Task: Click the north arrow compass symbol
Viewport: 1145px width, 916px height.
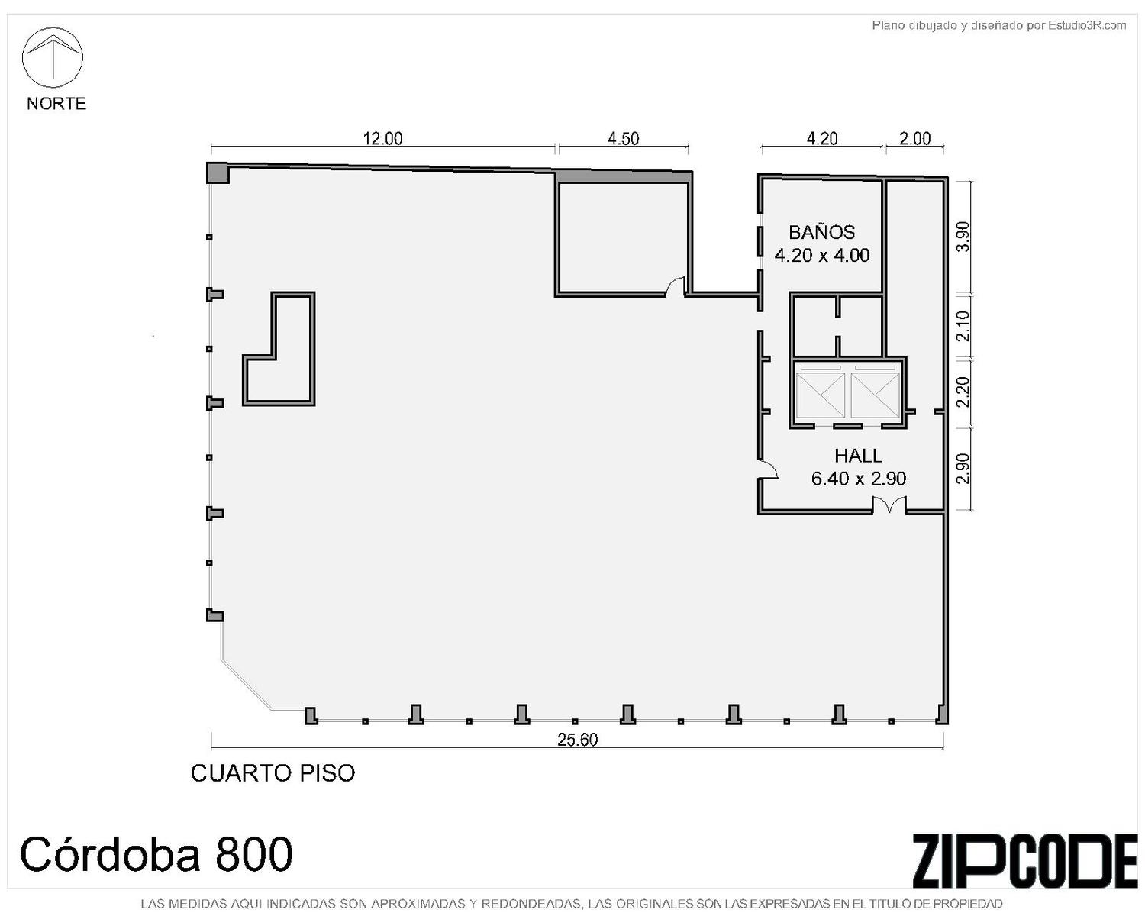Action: [52, 57]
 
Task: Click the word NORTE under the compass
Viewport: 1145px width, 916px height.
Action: [56, 103]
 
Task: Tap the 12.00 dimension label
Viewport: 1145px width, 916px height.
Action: [382, 138]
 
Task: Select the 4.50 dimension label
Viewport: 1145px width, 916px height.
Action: [623, 138]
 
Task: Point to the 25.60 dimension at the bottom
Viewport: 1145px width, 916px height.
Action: [577, 740]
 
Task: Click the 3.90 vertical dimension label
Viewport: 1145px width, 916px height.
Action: [963, 237]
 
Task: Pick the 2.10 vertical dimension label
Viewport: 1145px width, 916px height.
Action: [963, 326]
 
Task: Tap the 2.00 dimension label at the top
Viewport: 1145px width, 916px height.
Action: [914, 138]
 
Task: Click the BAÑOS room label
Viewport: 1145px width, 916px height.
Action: [821, 232]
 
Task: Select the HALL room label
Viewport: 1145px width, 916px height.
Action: [858, 456]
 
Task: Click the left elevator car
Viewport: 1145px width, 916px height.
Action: [820, 395]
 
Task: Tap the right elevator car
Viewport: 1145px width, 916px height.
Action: [875, 395]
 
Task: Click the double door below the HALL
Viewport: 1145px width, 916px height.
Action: [889, 505]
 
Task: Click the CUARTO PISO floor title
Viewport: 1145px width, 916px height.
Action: [273, 773]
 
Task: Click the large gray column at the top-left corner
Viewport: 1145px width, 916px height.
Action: [217, 173]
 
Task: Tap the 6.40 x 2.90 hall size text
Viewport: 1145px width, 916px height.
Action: [858, 479]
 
